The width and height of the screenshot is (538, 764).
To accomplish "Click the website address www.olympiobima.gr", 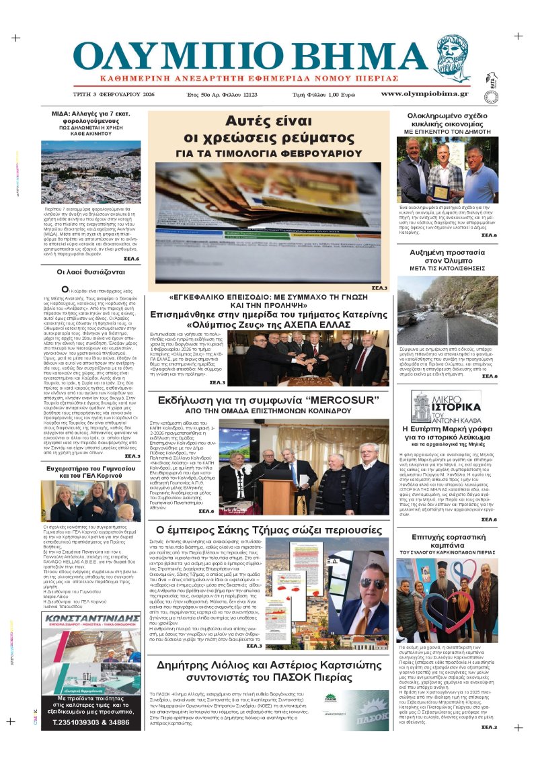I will (424, 94).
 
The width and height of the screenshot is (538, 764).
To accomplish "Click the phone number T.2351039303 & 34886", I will (91, 722).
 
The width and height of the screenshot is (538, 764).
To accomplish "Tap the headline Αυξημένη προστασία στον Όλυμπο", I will (447, 257).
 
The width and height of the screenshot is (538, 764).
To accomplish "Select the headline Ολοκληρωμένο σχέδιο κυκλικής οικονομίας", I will (447, 120).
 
